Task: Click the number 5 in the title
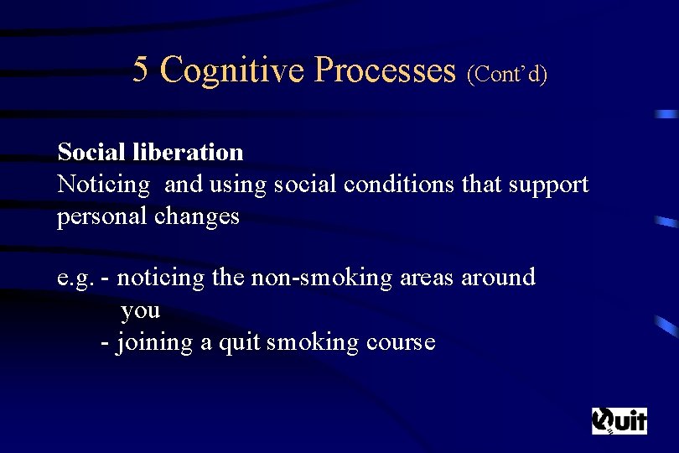[x=141, y=70]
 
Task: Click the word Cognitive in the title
[x=232, y=70]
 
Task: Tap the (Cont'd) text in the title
[x=508, y=75]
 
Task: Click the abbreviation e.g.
[x=75, y=278]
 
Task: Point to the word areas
[x=427, y=278]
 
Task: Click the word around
[x=498, y=278]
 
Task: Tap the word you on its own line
[x=140, y=310]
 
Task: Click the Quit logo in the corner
[x=619, y=419]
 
